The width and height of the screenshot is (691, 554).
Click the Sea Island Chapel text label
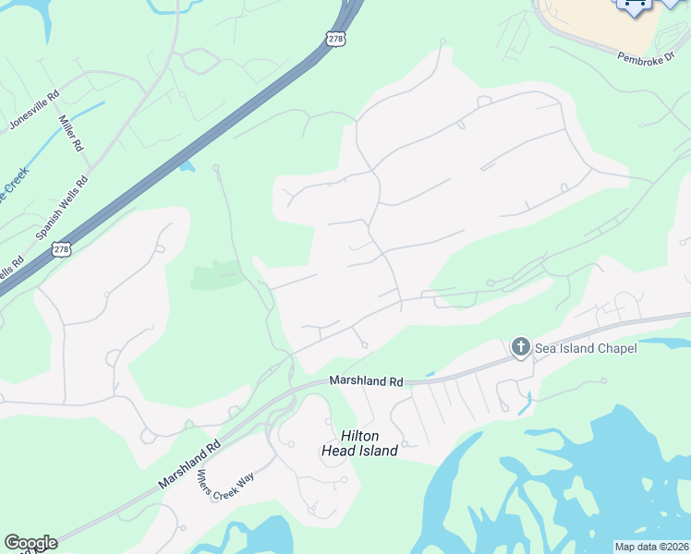pyautogui.click(x=586, y=348)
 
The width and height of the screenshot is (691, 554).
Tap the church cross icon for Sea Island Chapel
pyautogui.click(x=520, y=347)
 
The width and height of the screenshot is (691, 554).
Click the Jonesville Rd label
pyautogui.click(x=34, y=109)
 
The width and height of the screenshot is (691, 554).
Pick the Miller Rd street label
pyautogui.click(x=71, y=134)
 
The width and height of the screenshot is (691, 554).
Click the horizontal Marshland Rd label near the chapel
pyautogui.click(x=367, y=380)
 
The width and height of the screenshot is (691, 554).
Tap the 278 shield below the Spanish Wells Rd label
pyautogui.click(x=61, y=249)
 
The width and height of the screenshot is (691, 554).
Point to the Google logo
pyautogui.click(x=30, y=543)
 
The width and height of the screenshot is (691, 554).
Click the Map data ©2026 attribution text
pyautogui.click(x=651, y=547)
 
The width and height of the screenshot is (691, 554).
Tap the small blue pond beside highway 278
pyautogui.click(x=188, y=166)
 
